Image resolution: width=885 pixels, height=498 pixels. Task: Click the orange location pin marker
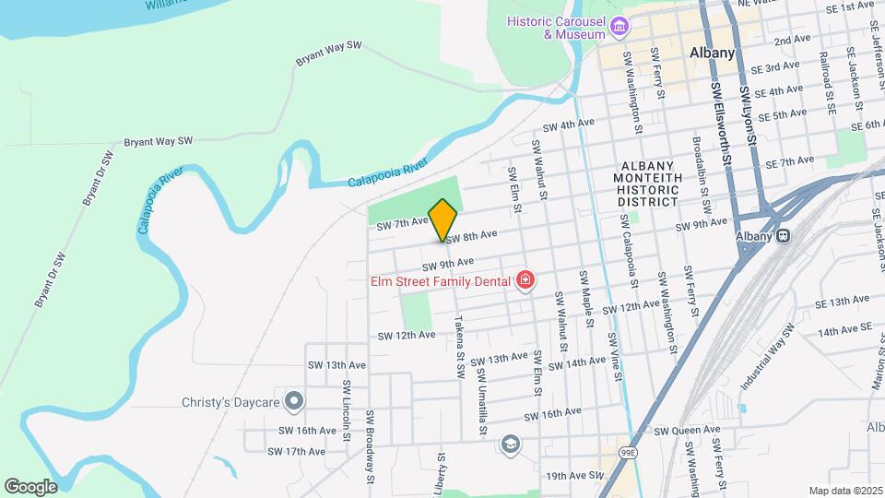click(443, 219)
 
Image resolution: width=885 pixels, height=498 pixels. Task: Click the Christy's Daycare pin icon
click(294, 400)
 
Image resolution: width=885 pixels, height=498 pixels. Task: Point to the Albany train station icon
click(783, 235)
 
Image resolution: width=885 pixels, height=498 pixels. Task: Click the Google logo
click(30, 486)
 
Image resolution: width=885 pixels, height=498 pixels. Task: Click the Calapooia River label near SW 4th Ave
click(388, 172)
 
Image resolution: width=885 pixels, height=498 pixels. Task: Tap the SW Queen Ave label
click(687, 430)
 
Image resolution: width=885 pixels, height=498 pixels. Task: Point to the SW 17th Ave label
click(296, 451)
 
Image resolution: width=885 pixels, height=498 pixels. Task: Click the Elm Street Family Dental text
click(442, 281)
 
